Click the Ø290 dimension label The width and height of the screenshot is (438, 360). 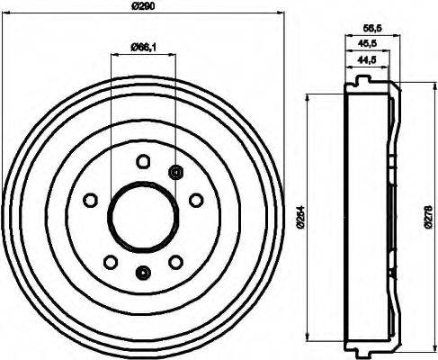pos(143,7)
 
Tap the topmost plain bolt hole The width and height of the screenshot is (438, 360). pos(142,162)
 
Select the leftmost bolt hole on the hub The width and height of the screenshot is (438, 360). pos(89,201)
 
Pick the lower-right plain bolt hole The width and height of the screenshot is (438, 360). pos(174,262)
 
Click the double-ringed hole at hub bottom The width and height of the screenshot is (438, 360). pos(141,272)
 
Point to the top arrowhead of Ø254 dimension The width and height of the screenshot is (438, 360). pos(310,95)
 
